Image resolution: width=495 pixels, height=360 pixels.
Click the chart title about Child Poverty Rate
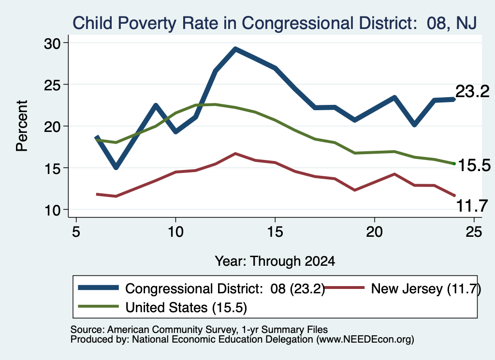click(x=275, y=23)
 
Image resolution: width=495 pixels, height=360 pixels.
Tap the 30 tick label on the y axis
click(x=52, y=43)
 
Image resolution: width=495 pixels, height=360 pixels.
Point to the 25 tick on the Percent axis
click(x=52, y=85)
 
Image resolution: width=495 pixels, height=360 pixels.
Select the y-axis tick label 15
click(x=52, y=169)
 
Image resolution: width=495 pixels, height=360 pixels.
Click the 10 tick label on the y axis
click(x=52, y=211)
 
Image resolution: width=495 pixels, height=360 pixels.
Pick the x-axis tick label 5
click(x=76, y=232)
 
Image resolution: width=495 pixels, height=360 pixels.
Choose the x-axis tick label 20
click(x=375, y=232)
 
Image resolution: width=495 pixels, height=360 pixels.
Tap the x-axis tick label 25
click(x=474, y=232)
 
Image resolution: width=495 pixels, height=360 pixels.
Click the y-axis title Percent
click(x=22, y=126)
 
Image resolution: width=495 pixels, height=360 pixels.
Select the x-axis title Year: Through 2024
click(x=275, y=261)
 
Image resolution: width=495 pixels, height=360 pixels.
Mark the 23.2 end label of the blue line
click(x=472, y=91)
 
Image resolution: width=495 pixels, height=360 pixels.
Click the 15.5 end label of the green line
click(x=474, y=165)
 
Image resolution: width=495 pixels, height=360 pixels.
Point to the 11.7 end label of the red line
click(x=472, y=206)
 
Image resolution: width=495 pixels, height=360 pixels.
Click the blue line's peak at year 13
click(x=235, y=49)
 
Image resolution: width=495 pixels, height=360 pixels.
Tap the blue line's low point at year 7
click(x=116, y=167)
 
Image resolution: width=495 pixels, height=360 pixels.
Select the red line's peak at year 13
click(x=235, y=154)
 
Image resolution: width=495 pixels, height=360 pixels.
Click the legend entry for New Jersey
click(x=403, y=288)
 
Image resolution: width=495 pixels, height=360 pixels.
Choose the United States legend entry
click(x=162, y=307)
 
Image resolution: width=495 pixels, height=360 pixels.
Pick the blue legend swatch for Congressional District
click(x=99, y=288)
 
